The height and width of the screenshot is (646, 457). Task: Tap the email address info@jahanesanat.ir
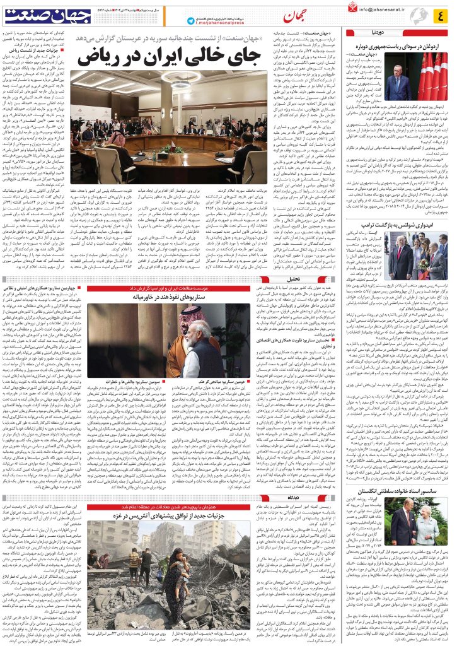point(379,9)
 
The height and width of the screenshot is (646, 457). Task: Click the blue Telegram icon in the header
point(191,21)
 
